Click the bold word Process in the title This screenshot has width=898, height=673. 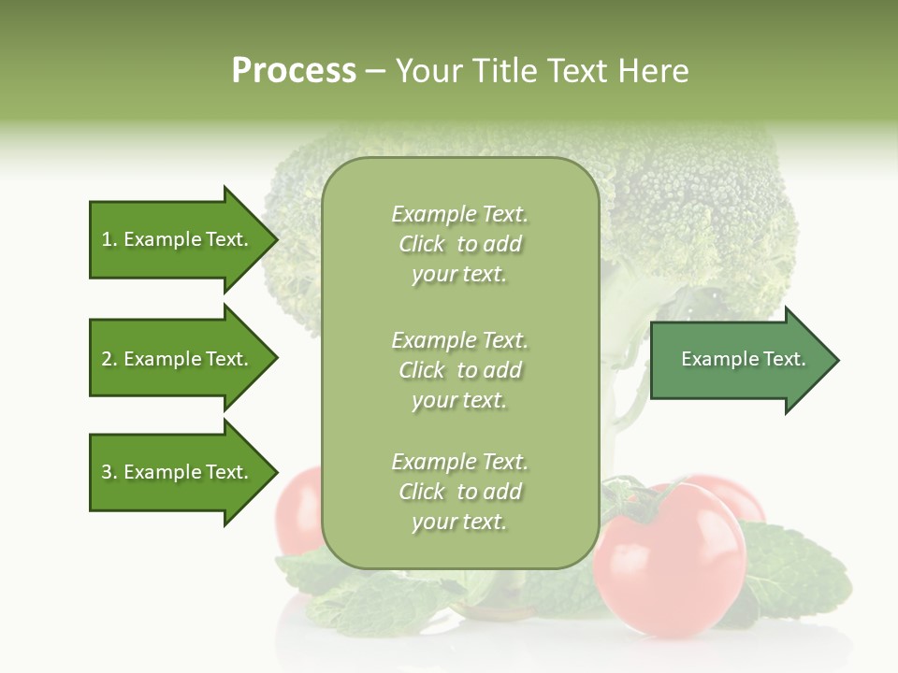click(294, 71)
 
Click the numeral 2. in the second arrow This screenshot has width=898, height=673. click(109, 359)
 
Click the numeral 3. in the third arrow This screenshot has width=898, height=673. click(109, 472)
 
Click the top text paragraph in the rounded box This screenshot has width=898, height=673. click(459, 244)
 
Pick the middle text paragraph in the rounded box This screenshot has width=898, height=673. click(459, 370)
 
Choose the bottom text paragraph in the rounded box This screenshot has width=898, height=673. click(459, 492)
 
